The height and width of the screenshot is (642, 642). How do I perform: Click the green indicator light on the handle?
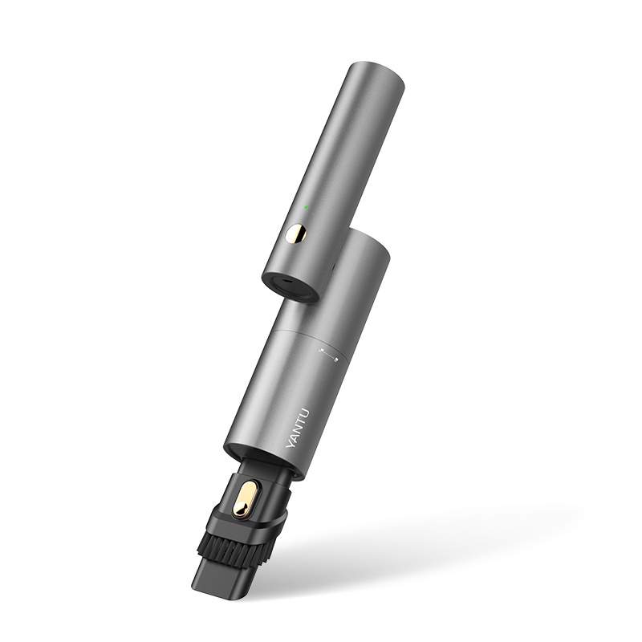(305, 208)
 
